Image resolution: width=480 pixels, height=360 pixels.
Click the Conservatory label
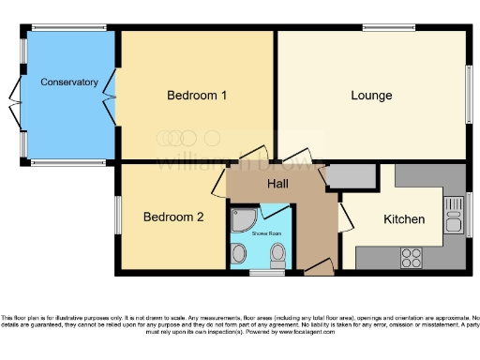pos(68,82)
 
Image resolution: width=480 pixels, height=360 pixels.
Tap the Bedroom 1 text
pos(197,96)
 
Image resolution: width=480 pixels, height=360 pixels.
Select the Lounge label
pos(371,96)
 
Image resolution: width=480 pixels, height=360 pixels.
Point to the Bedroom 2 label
pos(173,217)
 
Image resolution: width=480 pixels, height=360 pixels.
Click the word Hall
pos(278,184)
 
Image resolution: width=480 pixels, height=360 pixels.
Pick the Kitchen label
pos(404,219)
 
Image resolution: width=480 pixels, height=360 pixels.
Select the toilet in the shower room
pos(277,254)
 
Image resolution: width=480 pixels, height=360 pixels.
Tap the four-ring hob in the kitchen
pos(412,255)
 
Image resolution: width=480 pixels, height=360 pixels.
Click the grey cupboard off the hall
pos(352,175)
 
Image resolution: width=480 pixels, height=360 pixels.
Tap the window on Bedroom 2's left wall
pos(117,215)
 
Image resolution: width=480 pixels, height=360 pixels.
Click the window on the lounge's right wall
pos(468,94)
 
